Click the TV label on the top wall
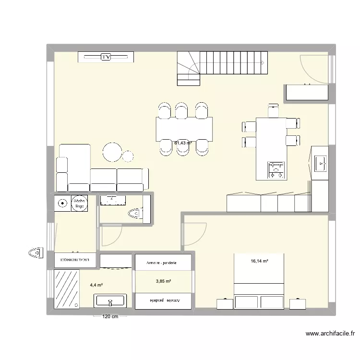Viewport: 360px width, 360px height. [x=106, y=57]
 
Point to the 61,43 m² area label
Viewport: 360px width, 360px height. [x=183, y=143]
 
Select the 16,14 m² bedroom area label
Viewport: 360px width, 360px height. [x=259, y=262]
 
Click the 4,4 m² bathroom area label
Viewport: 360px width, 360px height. [x=96, y=285]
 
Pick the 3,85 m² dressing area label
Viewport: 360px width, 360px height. [x=164, y=281]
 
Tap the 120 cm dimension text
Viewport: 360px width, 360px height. [x=110, y=317]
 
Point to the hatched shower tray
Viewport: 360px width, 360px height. [x=67, y=288]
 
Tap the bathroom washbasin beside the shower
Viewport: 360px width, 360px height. [x=110, y=301]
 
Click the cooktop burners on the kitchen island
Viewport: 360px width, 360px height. [x=276, y=168]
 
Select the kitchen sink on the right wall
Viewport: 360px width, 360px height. [x=321, y=163]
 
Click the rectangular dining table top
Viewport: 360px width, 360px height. [x=184, y=129]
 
